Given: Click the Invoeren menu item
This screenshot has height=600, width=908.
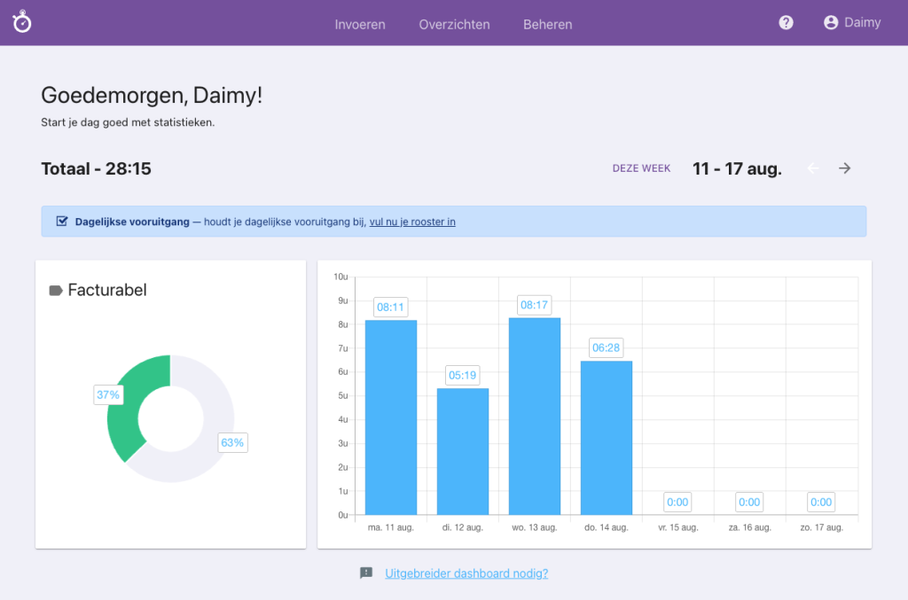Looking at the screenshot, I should point(360,24).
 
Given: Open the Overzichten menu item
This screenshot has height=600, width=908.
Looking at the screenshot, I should point(454,24).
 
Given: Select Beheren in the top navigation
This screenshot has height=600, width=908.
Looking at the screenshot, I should point(548,24).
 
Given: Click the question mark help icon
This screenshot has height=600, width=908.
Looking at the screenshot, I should point(786,23).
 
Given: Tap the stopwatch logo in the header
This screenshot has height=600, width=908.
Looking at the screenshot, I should point(22,22).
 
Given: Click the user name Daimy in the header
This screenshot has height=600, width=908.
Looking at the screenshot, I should point(862,23).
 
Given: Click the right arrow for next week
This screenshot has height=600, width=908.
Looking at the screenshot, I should point(845,168).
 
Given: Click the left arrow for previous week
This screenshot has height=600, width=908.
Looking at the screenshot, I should point(813,168).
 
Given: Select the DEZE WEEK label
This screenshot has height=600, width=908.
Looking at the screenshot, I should point(641,168).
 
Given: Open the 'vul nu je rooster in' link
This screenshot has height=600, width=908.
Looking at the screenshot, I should point(412,222).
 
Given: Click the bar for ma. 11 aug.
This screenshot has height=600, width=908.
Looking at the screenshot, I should point(391,417).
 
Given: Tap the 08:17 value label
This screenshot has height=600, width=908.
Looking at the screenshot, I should point(535,305).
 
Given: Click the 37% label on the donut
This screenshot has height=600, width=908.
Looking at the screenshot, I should point(108,394).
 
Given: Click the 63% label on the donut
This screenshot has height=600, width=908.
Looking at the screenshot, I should point(232,442).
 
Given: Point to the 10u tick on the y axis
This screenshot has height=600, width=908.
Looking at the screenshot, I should point(340,277).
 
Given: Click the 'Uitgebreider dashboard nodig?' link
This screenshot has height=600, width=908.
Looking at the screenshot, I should point(466,573).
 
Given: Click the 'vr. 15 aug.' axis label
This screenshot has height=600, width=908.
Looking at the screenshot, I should point(677,527).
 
